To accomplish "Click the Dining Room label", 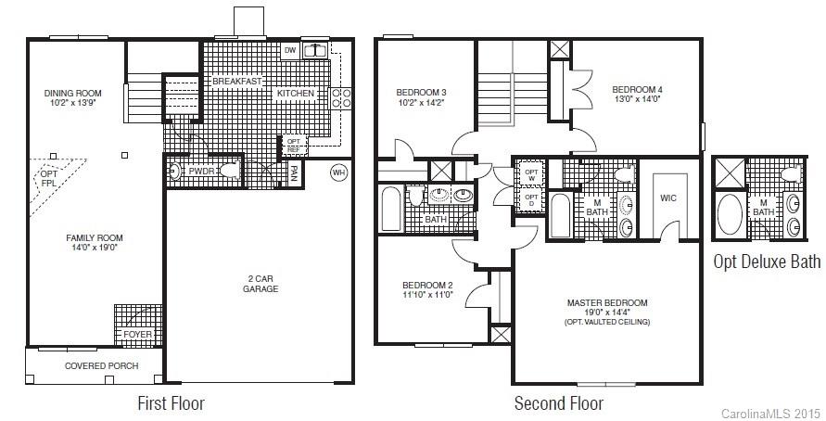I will click(72, 93).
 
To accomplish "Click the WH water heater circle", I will click(338, 172).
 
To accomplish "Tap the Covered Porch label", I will click(101, 365).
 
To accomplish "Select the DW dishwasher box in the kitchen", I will click(290, 50).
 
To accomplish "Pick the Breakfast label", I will click(239, 82).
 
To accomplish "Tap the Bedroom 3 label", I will click(421, 93).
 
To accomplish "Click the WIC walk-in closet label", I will click(668, 198).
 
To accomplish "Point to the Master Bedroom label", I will click(607, 302).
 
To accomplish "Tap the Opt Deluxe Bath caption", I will click(766, 262).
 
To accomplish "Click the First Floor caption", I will click(171, 403).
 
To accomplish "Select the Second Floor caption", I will click(559, 403).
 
